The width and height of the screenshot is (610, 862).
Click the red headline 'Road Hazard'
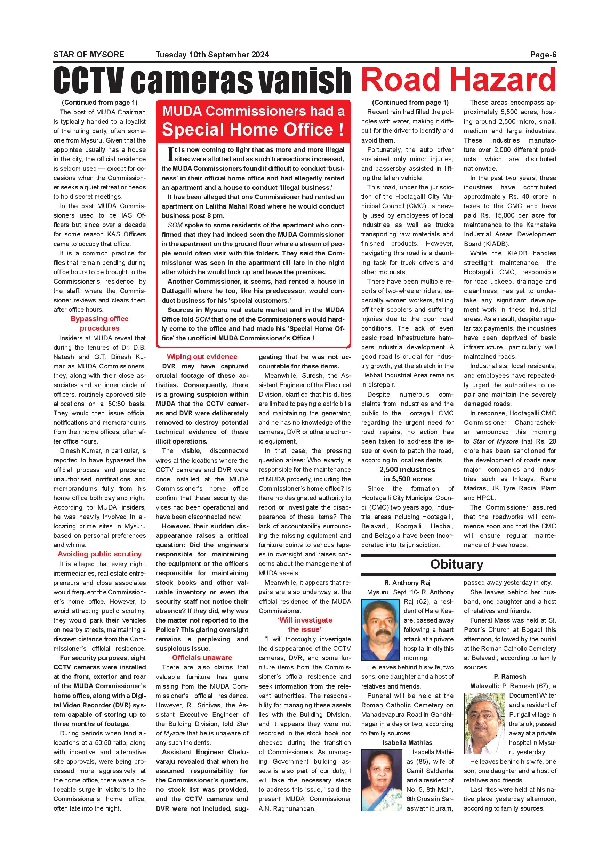click(458, 79)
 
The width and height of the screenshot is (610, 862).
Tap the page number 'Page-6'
click(543, 55)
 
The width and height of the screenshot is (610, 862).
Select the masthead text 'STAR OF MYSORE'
click(89, 55)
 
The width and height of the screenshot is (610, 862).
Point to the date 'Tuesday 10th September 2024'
click(212, 55)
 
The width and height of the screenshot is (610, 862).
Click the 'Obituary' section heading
click(456, 564)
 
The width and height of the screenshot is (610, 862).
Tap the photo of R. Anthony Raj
click(380, 629)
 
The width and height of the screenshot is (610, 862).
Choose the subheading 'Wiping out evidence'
click(202, 357)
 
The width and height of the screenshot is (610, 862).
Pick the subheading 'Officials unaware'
click(202, 657)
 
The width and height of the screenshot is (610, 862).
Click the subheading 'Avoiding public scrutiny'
click(99, 554)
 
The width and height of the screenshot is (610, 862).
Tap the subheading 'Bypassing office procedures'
click(99, 323)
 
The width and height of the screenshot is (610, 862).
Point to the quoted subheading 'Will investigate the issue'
click(305, 625)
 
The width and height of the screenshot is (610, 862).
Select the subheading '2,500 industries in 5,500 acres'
click(407, 474)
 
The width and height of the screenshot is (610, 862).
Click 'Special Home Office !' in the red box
click(253, 130)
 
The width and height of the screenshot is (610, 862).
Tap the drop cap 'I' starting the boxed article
click(170, 154)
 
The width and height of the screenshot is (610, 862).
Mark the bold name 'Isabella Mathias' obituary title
click(407, 743)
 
